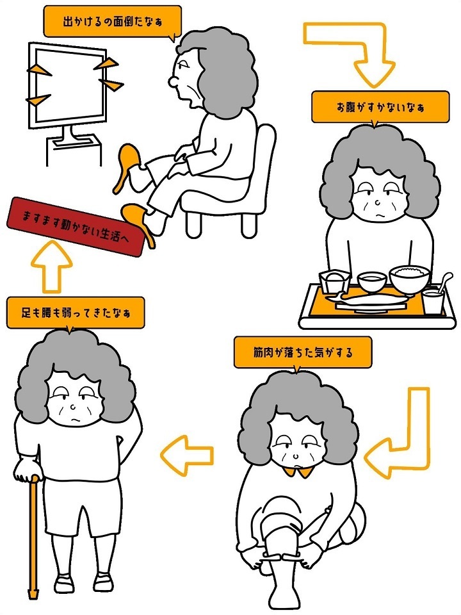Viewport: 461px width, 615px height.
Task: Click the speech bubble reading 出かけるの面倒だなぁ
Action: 112,22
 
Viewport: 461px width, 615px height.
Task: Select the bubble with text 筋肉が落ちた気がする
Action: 302,352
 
